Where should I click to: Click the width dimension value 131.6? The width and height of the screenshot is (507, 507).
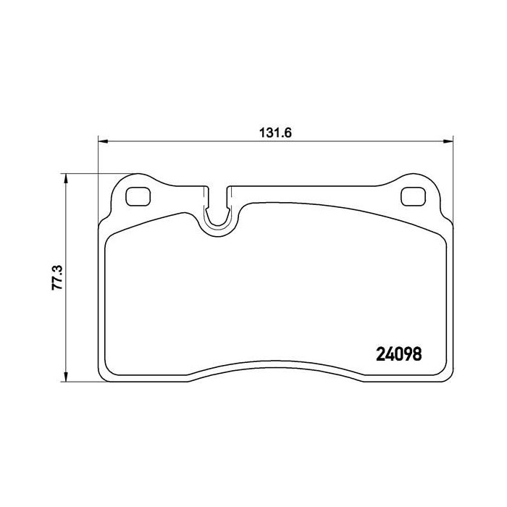point(275,133)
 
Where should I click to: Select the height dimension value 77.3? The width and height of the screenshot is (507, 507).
point(57,277)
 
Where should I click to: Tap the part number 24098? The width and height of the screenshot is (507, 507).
point(399,354)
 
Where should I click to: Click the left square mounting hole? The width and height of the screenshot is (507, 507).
point(138,196)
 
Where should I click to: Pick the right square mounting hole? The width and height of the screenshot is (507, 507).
point(413,196)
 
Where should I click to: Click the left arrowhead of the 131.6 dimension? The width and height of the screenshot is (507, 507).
point(103,141)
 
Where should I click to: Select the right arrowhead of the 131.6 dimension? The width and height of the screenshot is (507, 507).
point(448,141)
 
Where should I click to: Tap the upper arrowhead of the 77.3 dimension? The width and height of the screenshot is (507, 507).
point(66,178)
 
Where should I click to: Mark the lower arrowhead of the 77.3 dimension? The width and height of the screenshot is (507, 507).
point(66,377)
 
